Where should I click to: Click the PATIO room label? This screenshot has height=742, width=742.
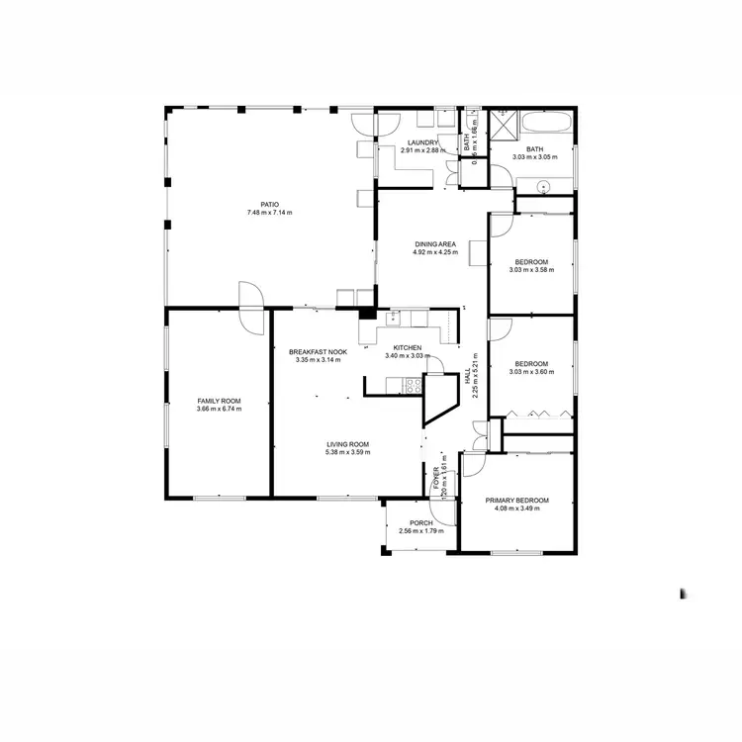coord(269,205)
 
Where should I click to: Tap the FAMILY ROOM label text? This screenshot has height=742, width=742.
coord(219,401)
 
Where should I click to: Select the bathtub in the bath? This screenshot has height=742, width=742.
coord(546,126)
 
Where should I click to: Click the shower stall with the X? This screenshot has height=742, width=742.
coord(508,125)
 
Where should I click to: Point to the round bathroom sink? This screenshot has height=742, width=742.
coord(543,185)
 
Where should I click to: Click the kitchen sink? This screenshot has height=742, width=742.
coord(393,317)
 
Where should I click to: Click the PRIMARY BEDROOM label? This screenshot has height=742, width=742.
coord(516,501)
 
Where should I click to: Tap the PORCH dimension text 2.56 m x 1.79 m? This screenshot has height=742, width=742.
coord(421,531)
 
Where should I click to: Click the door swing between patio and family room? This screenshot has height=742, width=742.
coord(249,295)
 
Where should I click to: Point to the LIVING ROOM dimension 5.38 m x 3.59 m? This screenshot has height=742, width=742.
coord(348,453)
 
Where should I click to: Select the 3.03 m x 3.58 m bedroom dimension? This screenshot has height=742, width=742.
coord(529,270)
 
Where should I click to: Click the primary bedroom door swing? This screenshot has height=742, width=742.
coord(476,466)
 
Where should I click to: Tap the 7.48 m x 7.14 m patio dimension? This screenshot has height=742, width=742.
coord(269,213)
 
